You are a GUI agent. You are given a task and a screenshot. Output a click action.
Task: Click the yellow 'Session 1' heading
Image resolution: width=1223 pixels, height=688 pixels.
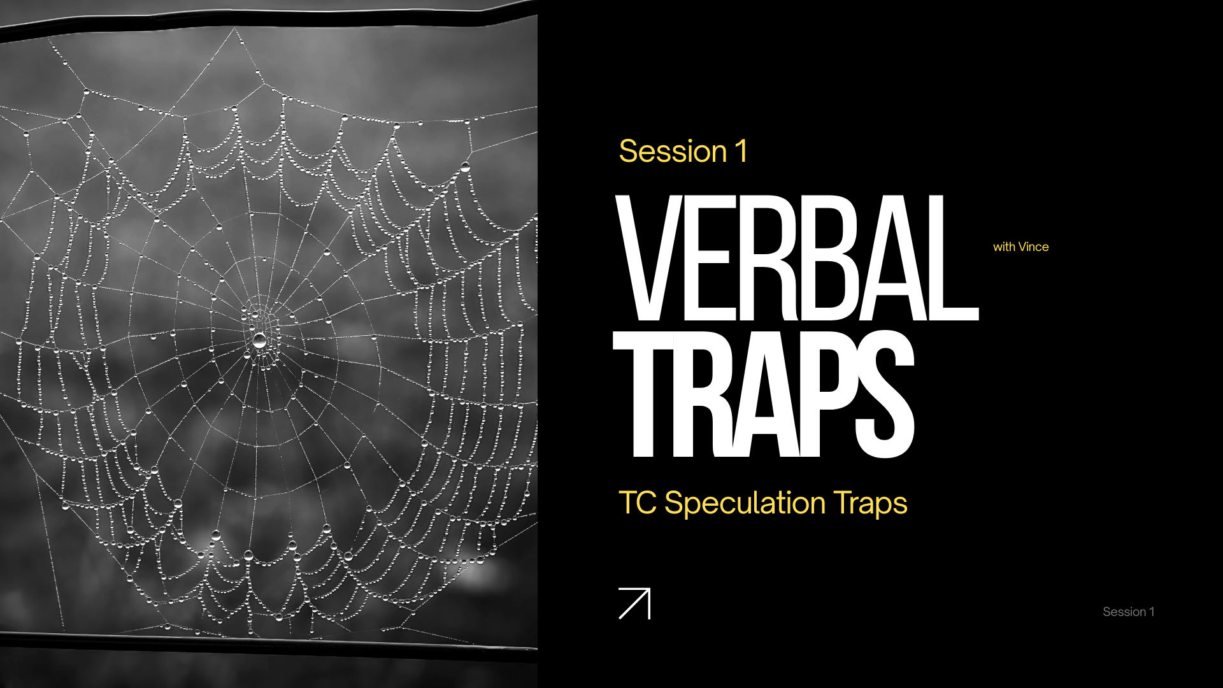point(683,152)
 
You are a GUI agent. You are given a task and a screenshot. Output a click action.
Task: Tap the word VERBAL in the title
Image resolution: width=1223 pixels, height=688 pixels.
point(796,258)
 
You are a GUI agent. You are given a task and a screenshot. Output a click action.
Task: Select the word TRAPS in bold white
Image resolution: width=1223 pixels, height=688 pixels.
point(764,396)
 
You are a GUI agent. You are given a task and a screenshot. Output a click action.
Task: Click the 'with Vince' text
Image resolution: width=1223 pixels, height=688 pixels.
point(1020,247)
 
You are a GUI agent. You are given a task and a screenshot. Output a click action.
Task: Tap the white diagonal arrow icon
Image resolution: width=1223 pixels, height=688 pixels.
point(634,603)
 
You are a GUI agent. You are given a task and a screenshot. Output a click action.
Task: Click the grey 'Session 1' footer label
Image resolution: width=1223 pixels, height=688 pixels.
point(1128,612)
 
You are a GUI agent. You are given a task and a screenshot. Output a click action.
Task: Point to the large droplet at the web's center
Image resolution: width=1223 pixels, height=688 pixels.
point(259,340)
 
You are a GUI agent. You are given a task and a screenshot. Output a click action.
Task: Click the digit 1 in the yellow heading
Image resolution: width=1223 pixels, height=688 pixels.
point(741,152)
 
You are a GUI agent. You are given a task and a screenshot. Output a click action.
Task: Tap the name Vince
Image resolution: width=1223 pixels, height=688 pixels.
point(1034,247)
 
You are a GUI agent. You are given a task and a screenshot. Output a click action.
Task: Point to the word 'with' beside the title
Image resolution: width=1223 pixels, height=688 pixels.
point(1004,247)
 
